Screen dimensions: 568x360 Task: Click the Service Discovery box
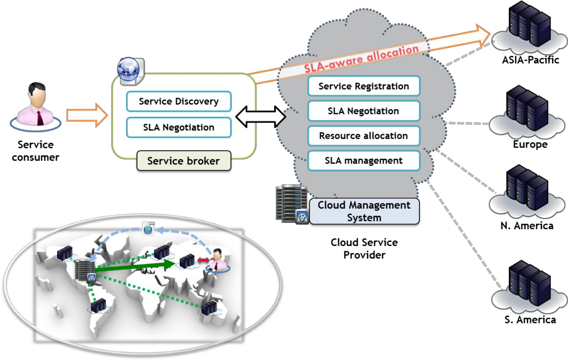tap(178, 101)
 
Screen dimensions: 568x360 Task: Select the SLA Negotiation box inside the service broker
tap(178, 127)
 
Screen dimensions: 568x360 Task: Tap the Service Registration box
tap(364, 86)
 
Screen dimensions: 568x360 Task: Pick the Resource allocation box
tap(364, 136)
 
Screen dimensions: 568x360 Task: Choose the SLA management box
tap(364, 161)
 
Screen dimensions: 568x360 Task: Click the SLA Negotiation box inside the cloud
tap(364, 111)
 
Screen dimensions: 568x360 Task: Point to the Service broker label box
tap(184, 161)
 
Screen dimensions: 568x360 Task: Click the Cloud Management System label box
tap(364, 211)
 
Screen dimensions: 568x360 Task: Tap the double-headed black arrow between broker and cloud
tap(261, 117)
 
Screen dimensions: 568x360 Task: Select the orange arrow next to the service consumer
tap(88, 115)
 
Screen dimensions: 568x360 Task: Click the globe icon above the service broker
tap(130, 70)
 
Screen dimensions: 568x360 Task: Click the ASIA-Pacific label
tap(530, 60)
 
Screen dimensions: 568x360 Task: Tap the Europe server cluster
tap(527, 112)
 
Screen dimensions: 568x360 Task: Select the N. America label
tap(527, 225)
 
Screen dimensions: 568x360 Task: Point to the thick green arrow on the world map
tap(135, 265)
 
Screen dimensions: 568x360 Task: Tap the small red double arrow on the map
tap(203, 260)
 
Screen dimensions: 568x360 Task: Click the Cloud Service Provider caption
tap(364, 248)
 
